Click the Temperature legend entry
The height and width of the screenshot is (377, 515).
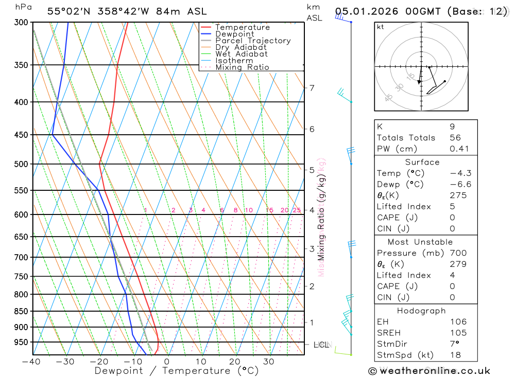coord(242,27)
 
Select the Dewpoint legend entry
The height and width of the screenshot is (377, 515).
coord(234,34)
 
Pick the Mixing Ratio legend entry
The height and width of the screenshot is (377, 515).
coord(242,67)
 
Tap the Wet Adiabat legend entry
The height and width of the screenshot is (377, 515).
coord(241,54)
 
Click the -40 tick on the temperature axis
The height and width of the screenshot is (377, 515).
coord(31,361)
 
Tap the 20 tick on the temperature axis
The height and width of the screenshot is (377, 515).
coord(235,361)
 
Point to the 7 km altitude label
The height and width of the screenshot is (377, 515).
coord(312,88)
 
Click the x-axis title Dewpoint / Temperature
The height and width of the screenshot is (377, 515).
coord(177,371)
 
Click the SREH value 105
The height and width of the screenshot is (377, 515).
coord(458,333)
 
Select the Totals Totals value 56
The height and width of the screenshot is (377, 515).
coord(455,138)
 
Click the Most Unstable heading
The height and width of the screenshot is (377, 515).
coord(420,242)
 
